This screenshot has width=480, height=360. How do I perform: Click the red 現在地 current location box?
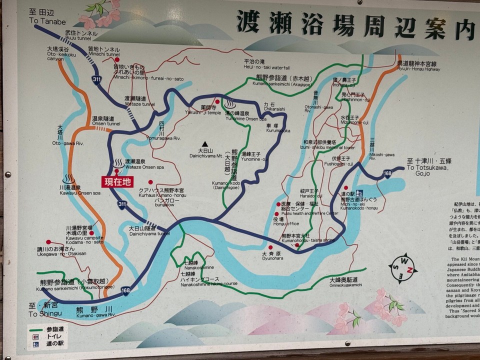118,182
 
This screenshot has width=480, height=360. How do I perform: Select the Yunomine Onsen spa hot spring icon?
231,104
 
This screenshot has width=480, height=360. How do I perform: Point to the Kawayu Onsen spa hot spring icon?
68,179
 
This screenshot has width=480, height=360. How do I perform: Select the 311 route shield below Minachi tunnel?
96,79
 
